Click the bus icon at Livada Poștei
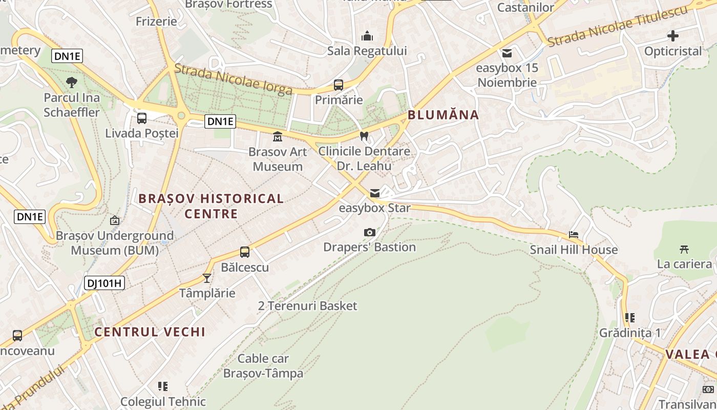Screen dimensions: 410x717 point(142,118)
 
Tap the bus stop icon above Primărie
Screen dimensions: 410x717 point(339,85)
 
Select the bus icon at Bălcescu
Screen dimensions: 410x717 point(245,252)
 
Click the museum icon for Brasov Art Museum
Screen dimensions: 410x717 point(278,137)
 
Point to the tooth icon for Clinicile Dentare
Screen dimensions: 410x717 point(364,136)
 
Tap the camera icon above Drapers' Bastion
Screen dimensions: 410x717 point(369,232)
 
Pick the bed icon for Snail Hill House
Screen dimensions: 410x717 point(574,235)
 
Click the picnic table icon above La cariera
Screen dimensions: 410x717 point(684,250)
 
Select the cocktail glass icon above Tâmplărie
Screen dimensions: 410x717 point(207,278)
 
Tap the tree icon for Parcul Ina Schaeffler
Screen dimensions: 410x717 point(72,82)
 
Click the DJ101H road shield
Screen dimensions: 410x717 point(104,282)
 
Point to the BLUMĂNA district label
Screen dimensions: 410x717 point(444,115)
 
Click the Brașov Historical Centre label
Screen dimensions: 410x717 point(211,206)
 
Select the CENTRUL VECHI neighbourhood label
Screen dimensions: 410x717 point(150,332)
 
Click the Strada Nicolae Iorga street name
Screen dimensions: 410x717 point(234,79)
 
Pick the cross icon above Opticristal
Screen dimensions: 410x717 point(673,36)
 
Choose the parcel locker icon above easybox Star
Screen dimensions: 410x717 point(375,193)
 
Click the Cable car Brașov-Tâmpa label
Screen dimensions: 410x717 point(263,366)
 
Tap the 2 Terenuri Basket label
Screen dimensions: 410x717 point(307,306)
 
